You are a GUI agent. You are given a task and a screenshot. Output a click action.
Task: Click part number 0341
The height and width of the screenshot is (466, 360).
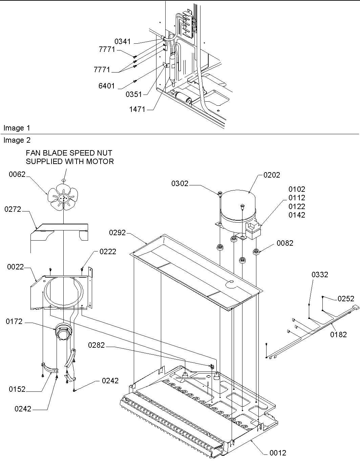122,42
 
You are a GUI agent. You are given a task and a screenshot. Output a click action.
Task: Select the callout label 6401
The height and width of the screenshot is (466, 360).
107,86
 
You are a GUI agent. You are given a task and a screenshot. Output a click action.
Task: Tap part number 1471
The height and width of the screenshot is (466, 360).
137,109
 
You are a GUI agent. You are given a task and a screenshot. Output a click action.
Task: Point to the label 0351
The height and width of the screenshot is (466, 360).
134,95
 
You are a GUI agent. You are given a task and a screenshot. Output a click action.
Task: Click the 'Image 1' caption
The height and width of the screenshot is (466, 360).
17,128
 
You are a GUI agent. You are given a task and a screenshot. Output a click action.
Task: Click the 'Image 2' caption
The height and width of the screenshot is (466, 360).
17,140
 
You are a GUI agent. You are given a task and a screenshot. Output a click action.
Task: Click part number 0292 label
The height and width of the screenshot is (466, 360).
117,233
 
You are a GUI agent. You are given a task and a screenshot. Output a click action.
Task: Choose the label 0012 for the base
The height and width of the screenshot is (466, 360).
278,453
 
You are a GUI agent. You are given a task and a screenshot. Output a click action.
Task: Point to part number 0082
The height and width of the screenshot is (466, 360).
285,243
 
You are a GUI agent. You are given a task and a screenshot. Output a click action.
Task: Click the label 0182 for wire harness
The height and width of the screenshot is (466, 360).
338,335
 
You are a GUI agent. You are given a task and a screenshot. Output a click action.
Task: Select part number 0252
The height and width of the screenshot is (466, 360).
346,299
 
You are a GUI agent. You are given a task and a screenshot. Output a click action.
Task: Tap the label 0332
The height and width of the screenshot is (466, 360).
320,275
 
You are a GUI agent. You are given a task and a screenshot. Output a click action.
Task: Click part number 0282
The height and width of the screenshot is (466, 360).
97,345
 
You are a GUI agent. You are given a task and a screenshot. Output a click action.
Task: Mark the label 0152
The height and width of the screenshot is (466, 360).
17,389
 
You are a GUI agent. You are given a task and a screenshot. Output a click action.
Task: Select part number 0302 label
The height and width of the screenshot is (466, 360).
179,184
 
